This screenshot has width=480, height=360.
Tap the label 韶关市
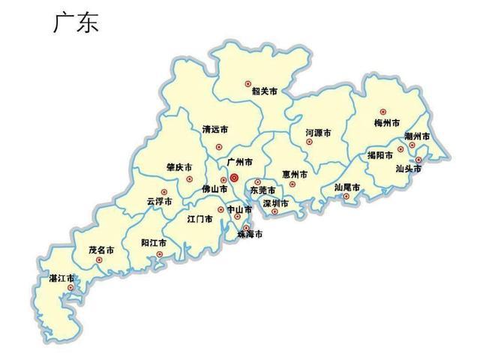point(264,91)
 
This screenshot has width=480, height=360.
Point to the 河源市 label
point(318,132)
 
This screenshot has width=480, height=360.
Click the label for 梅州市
point(386,123)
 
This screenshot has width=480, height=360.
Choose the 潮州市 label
point(417,137)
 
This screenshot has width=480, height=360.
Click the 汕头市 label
point(409,169)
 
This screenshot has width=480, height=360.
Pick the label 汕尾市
point(347,187)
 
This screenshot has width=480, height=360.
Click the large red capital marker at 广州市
point(233,178)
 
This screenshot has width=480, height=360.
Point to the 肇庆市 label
point(178,168)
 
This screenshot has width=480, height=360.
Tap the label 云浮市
point(159,202)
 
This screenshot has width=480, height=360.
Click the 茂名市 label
point(101,249)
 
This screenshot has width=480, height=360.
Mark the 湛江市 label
point(61,278)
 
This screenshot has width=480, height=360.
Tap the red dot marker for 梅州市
point(382,112)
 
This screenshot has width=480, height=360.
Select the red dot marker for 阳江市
point(160,255)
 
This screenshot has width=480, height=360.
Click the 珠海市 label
point(250,235)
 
